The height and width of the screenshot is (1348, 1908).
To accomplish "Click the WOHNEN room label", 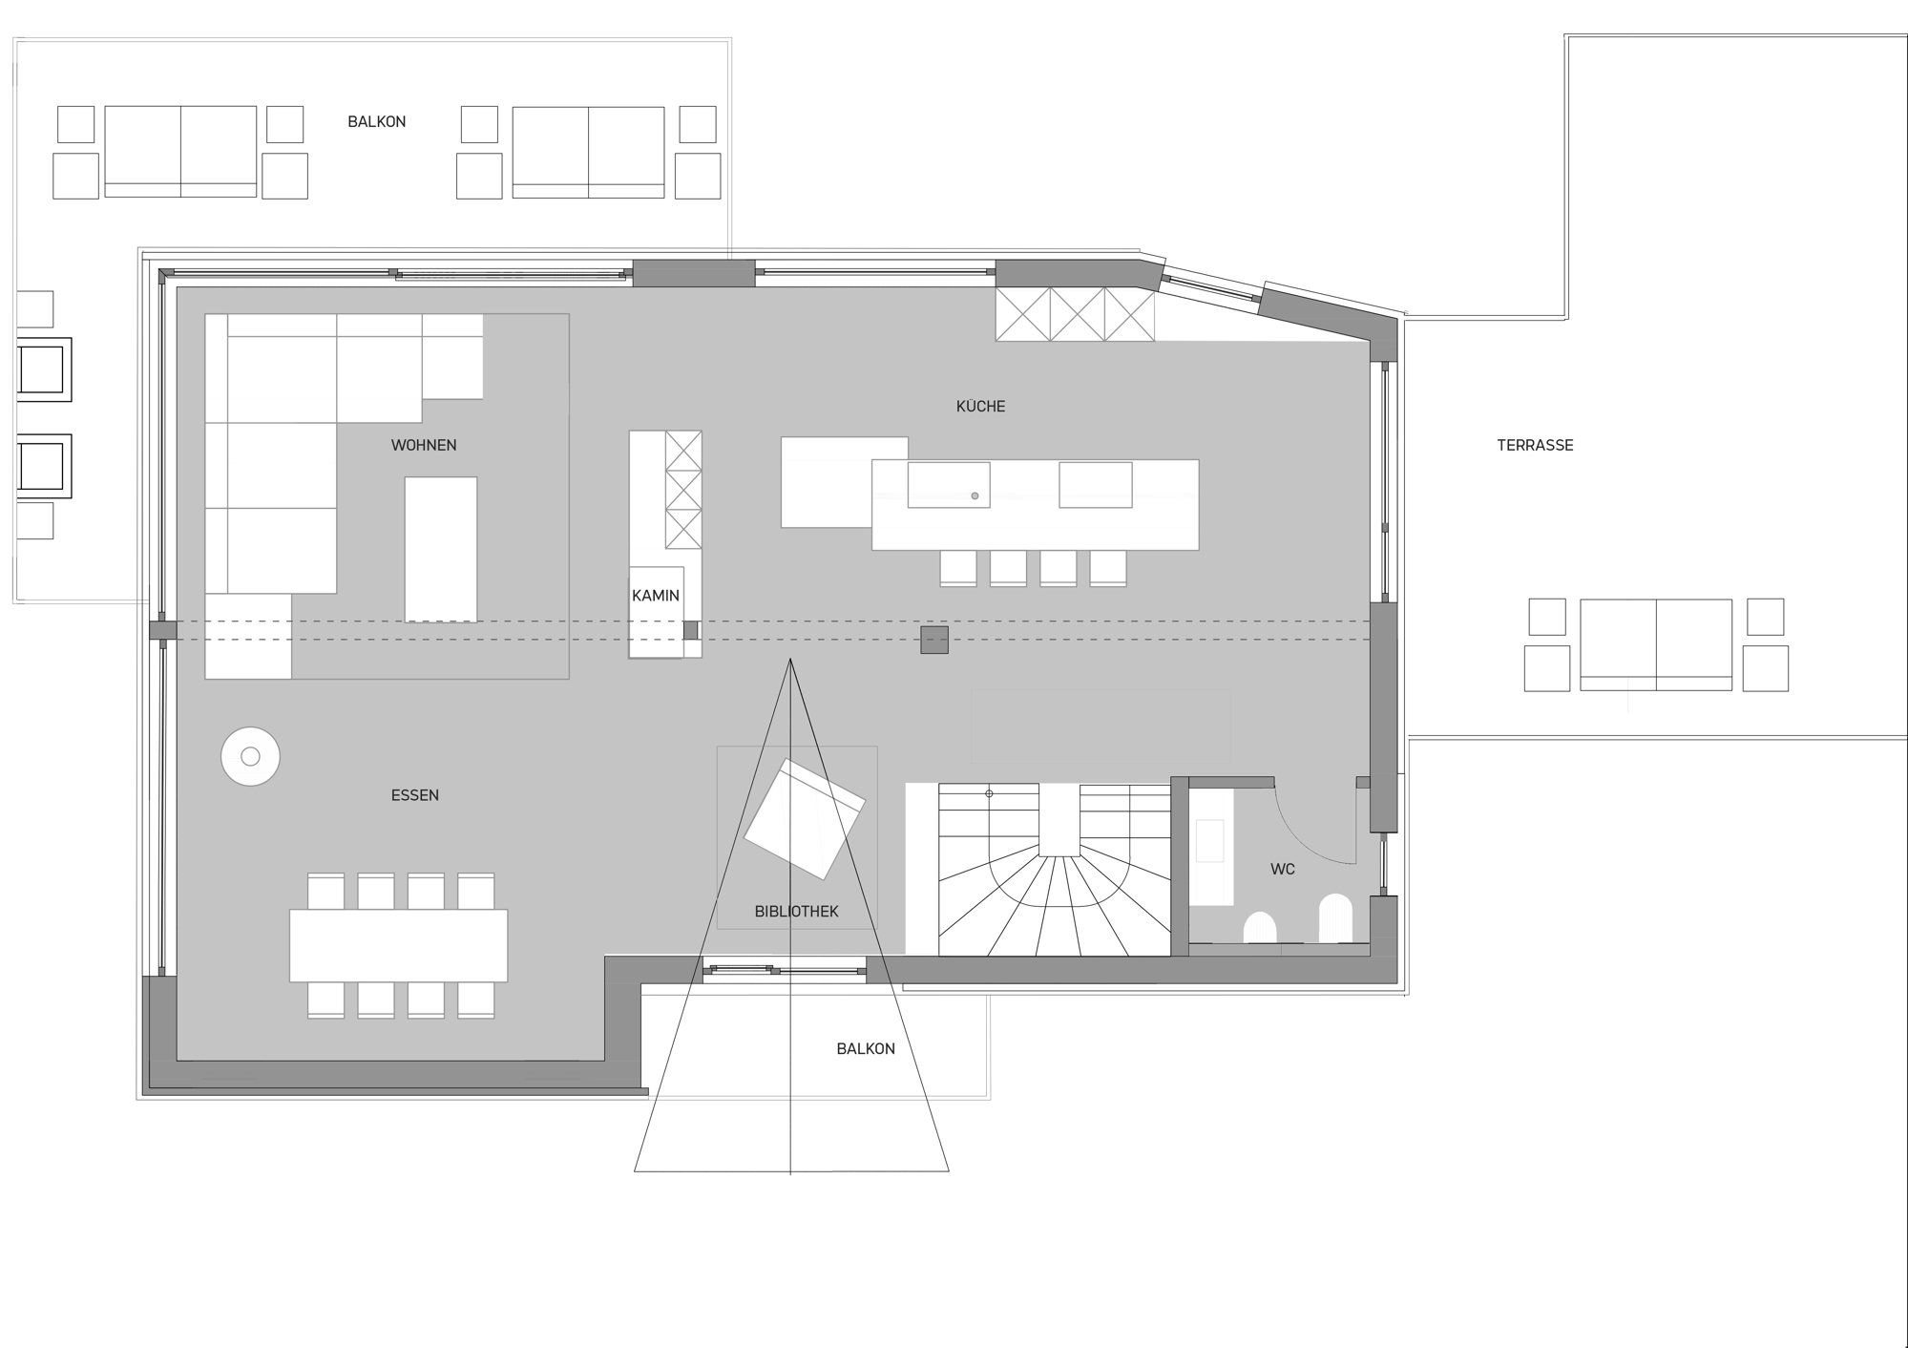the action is (x=424, y=445).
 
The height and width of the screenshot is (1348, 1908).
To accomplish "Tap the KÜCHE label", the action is (x=980, y=406).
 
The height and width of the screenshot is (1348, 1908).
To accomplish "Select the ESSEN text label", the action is (x=415, y=795).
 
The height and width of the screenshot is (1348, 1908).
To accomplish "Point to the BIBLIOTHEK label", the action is (x=796, y=912).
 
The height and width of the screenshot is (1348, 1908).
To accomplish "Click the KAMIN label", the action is (x=656, y=596).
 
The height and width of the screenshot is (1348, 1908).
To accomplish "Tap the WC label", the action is (x=1283, y=870).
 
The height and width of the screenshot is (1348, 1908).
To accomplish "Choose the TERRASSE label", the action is (x=1535, y=445).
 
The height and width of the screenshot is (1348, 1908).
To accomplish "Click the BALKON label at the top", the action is (x=377, y=122).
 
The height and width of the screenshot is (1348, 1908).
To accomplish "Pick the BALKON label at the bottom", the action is (x=866, y=1048).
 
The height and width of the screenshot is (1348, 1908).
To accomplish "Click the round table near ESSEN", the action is (x=250, y=756).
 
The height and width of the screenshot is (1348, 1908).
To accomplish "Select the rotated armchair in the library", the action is (x=805, y=819).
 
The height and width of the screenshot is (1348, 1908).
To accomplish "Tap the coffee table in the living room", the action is (x=441, y=550).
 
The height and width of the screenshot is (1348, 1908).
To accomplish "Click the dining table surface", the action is (x=399, y=945).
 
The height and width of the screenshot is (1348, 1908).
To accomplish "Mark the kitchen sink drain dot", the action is (x=975, y=496).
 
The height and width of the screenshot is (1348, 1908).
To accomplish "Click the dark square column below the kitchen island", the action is (x=934, y=640).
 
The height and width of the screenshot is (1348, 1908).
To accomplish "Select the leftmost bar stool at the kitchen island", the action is (x=958, y=568).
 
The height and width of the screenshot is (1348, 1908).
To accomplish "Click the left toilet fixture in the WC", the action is (x=1260, y=927).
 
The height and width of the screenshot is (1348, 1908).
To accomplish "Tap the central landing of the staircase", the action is (x=1059, y=819).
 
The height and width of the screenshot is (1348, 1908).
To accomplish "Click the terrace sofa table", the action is (x=1656, y=644).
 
